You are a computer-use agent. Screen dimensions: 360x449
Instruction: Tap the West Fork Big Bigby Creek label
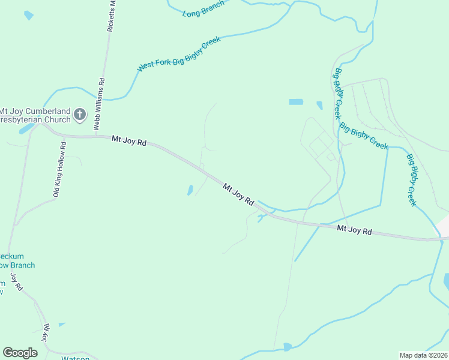(x=179, y=55)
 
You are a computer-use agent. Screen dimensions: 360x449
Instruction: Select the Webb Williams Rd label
(x=99, y=104)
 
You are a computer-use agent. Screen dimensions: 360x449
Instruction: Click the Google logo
(x=20, y=353)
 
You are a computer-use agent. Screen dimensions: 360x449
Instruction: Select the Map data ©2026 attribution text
(x=424, y=355)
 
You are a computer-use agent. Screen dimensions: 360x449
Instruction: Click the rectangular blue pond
(x=296, y=102)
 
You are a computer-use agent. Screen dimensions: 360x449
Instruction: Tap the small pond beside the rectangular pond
(x=319, y=106)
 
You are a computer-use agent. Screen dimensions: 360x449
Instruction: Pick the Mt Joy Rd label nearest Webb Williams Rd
(x=129, y=142)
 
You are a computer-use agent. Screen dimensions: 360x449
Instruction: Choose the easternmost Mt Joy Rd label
(x=354, y=230)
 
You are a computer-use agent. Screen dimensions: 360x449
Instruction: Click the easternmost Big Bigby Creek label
(x=411, y=180)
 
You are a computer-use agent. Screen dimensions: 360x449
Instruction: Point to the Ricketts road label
(x=110, y=15)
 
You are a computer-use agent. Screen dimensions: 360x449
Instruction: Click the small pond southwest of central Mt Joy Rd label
(x=190, y=190)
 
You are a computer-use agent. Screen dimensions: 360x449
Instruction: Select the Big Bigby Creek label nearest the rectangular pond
(x=338, y=93)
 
